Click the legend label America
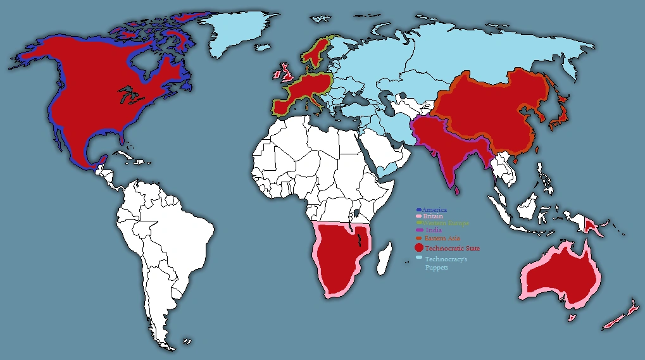[x=435, y=209]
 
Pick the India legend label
[x=433, y=231]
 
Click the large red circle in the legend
[x=418, y=247]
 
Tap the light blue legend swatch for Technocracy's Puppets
[x=418, y=258]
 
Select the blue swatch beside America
[x=418, y=209]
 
